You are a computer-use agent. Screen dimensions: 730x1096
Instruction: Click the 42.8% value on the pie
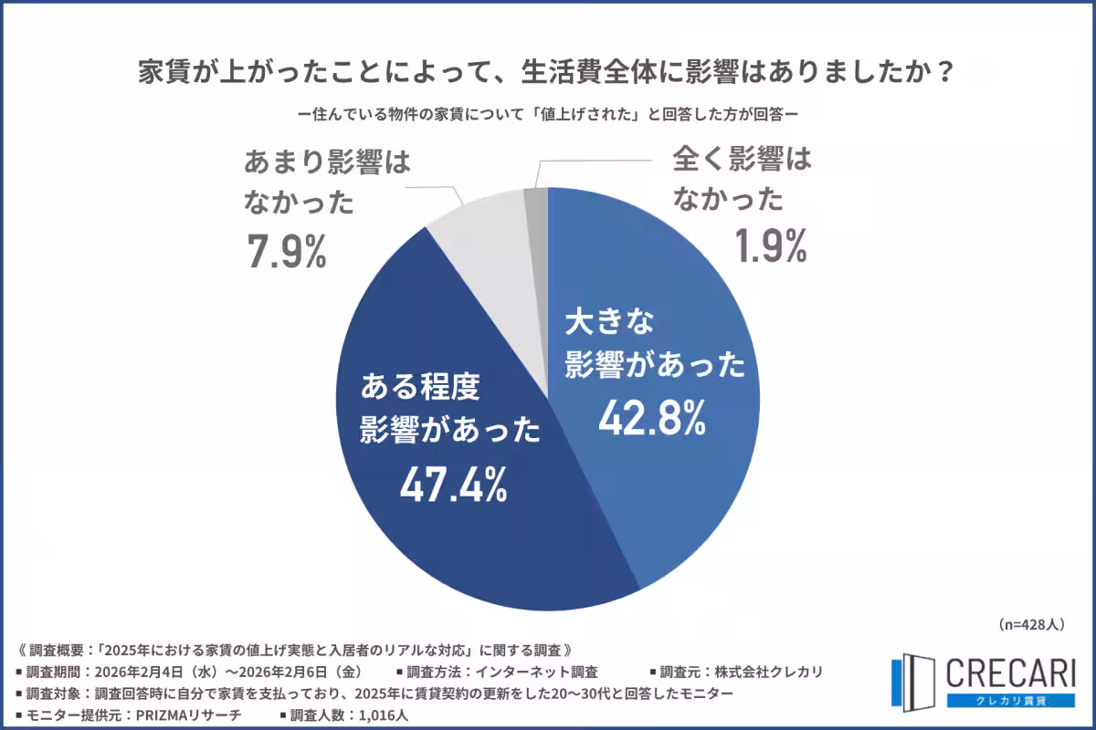[x=652, y=418]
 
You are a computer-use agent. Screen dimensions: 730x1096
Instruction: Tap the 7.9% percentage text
[x=286, y=253]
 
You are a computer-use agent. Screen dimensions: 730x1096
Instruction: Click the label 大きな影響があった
[x=654, y=345]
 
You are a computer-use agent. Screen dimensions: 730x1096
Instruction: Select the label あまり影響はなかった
[x=326, y=182]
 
